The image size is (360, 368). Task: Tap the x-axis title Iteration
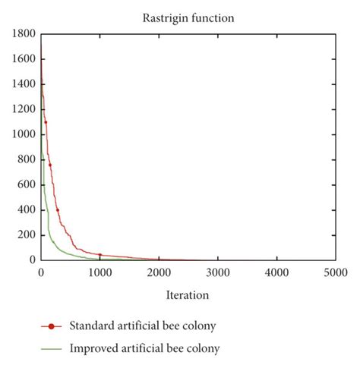pos(188,294)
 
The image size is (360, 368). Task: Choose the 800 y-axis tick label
pos(25,159)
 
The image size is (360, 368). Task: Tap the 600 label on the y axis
pos(25,184)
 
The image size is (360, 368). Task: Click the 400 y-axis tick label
pos(25,209)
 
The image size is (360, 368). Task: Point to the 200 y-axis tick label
pos(25,234)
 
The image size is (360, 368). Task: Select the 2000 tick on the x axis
pos(159,272)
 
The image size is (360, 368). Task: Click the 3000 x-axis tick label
pos(218,272)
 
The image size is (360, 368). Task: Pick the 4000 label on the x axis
pos(276,272)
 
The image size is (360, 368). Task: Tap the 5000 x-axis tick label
pos(336,272)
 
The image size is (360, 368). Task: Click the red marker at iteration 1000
pos(99,255)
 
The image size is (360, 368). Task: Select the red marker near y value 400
pos(57,210)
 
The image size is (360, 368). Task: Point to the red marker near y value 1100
pos(46,122)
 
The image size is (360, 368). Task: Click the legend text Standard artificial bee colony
pos(143,326)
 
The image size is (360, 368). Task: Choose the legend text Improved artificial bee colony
pos(144,349)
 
